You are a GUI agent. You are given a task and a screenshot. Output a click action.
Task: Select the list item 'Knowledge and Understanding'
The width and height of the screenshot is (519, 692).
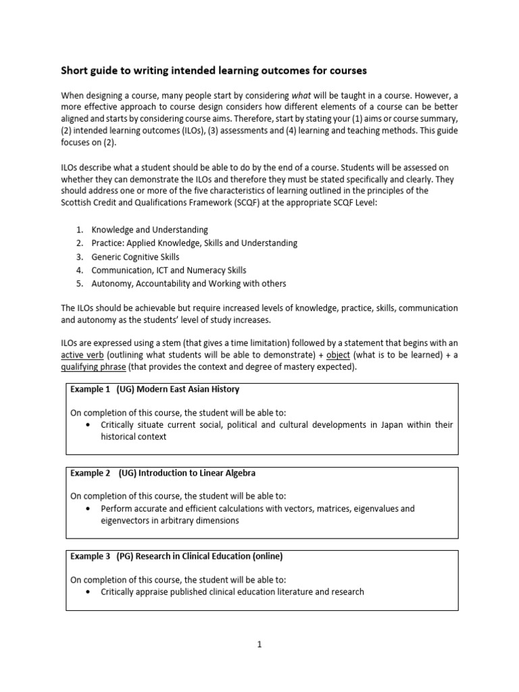(149, 230)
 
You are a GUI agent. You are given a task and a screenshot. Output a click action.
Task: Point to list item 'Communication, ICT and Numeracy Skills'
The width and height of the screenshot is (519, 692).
(170, 270)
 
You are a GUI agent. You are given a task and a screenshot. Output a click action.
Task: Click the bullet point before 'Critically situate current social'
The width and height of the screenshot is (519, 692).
(89, 425)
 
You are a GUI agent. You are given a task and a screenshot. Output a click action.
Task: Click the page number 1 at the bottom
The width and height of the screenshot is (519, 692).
(259, 645)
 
